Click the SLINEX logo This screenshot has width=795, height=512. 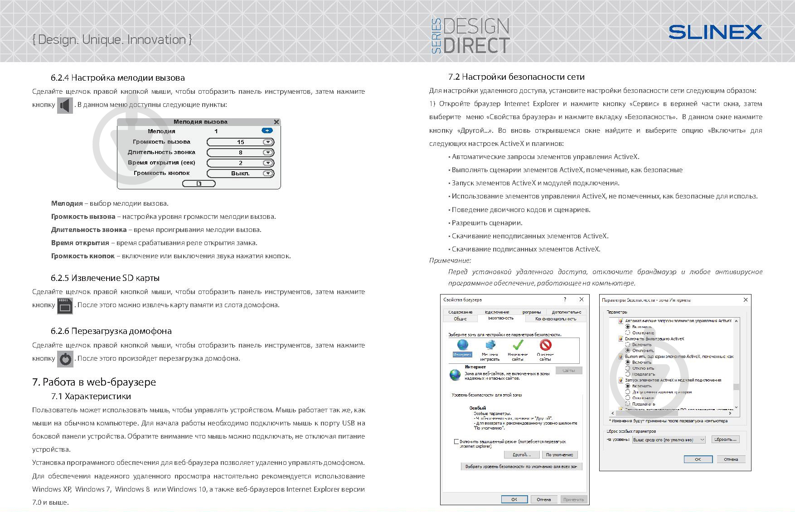(x=715, y=32)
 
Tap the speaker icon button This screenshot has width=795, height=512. (x=65, y=105)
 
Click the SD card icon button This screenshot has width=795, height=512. (x=65, y=306)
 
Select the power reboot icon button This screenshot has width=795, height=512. (x=65, y=359)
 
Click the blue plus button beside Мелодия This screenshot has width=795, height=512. (x=267, y=130)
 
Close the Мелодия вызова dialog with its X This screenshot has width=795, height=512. (x=276, y=122)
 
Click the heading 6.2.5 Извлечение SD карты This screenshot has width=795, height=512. (x=105, y=278)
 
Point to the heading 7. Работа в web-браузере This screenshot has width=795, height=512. (x=94, y=382)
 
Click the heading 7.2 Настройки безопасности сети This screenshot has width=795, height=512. (x=516, y=77)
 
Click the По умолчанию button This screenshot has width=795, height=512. (x=559, y=454)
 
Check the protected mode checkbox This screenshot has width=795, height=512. (x=456, y=441)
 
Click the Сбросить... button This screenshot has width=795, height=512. (x=725, y=440)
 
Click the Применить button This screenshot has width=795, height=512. (x=574, y=499)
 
